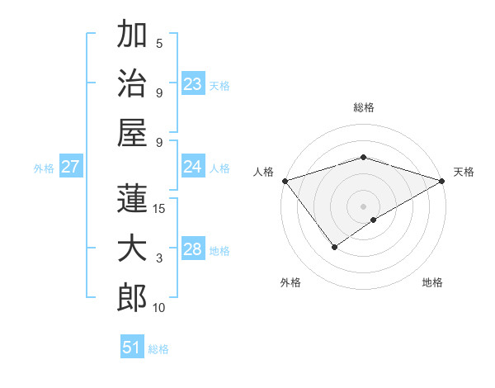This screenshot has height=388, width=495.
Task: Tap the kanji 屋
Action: click(132, 132)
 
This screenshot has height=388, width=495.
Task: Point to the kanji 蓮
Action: click(132, 198)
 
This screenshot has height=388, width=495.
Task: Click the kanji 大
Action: click(132, 248)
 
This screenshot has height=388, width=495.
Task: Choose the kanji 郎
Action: click(132, 298)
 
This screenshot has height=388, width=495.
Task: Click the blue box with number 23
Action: click(193, 83)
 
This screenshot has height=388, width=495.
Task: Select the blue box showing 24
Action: click(193, 167)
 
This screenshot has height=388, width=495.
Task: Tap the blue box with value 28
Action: click(193, 249)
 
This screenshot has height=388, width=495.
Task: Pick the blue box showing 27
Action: click(71, 167)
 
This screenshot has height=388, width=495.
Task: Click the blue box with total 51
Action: click(132, 348)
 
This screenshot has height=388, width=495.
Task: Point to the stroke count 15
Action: click(159, 208)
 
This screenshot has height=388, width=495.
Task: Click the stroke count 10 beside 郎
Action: click(159, 308)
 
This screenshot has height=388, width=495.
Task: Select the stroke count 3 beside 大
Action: click(159, 258)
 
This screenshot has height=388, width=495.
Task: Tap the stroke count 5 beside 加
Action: click(159, 43)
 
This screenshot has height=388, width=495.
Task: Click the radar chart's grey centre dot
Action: click(363, 206)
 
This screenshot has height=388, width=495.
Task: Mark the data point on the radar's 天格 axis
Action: click(443, 181)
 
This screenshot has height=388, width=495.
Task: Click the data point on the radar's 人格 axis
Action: click(285, 181)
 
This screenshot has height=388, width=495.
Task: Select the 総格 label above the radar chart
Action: click(364, 107)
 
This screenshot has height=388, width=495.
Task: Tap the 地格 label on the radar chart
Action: click(432, 282)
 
